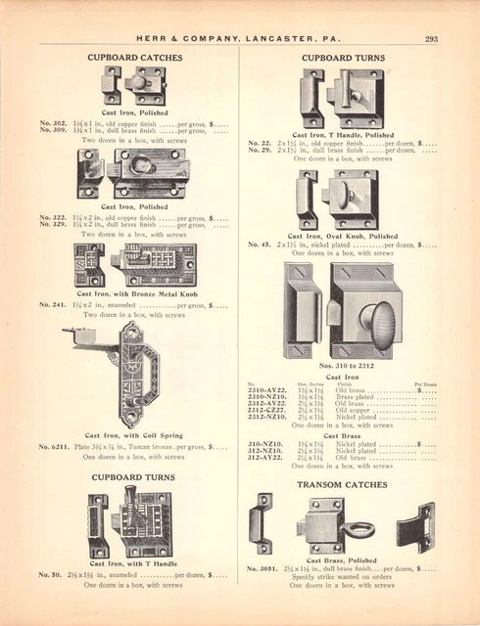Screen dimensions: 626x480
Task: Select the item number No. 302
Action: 52,123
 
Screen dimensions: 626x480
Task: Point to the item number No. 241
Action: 52,305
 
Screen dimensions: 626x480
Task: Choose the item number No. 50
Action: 50,574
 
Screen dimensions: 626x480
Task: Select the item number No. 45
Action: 260,245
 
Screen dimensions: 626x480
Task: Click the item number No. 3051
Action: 263,568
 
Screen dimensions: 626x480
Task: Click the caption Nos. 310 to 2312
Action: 342,365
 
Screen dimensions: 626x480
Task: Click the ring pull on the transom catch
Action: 360,531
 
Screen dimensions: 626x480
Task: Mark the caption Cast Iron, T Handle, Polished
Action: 342,135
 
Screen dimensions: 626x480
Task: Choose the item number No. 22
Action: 260,143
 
